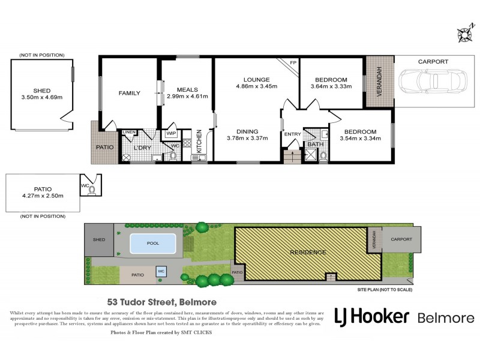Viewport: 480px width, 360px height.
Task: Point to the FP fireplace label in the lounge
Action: click(293, 62)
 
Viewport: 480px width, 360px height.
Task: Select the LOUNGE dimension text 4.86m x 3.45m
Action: click(256, 86)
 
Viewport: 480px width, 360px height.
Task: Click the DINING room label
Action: click(247, 131)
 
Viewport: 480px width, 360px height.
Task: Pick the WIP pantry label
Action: click(170, 134)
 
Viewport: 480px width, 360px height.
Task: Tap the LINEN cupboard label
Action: click(129, 132)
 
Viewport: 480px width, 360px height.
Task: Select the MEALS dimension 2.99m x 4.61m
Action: click(187, 96)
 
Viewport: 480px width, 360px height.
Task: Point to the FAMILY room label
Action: click(129, 93)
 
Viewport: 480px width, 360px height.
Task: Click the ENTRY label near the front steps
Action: click(293, 134)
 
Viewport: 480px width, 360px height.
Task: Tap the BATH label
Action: click(314, 144)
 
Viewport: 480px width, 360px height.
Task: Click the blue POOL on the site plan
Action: click(153, 244)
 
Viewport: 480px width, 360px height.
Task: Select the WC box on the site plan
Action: click(161, 271)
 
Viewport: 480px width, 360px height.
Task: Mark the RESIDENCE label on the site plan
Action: click(308, 252)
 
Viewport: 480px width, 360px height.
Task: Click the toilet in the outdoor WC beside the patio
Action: click(92, 190)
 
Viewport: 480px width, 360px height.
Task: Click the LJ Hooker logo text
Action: click(372, 317)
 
